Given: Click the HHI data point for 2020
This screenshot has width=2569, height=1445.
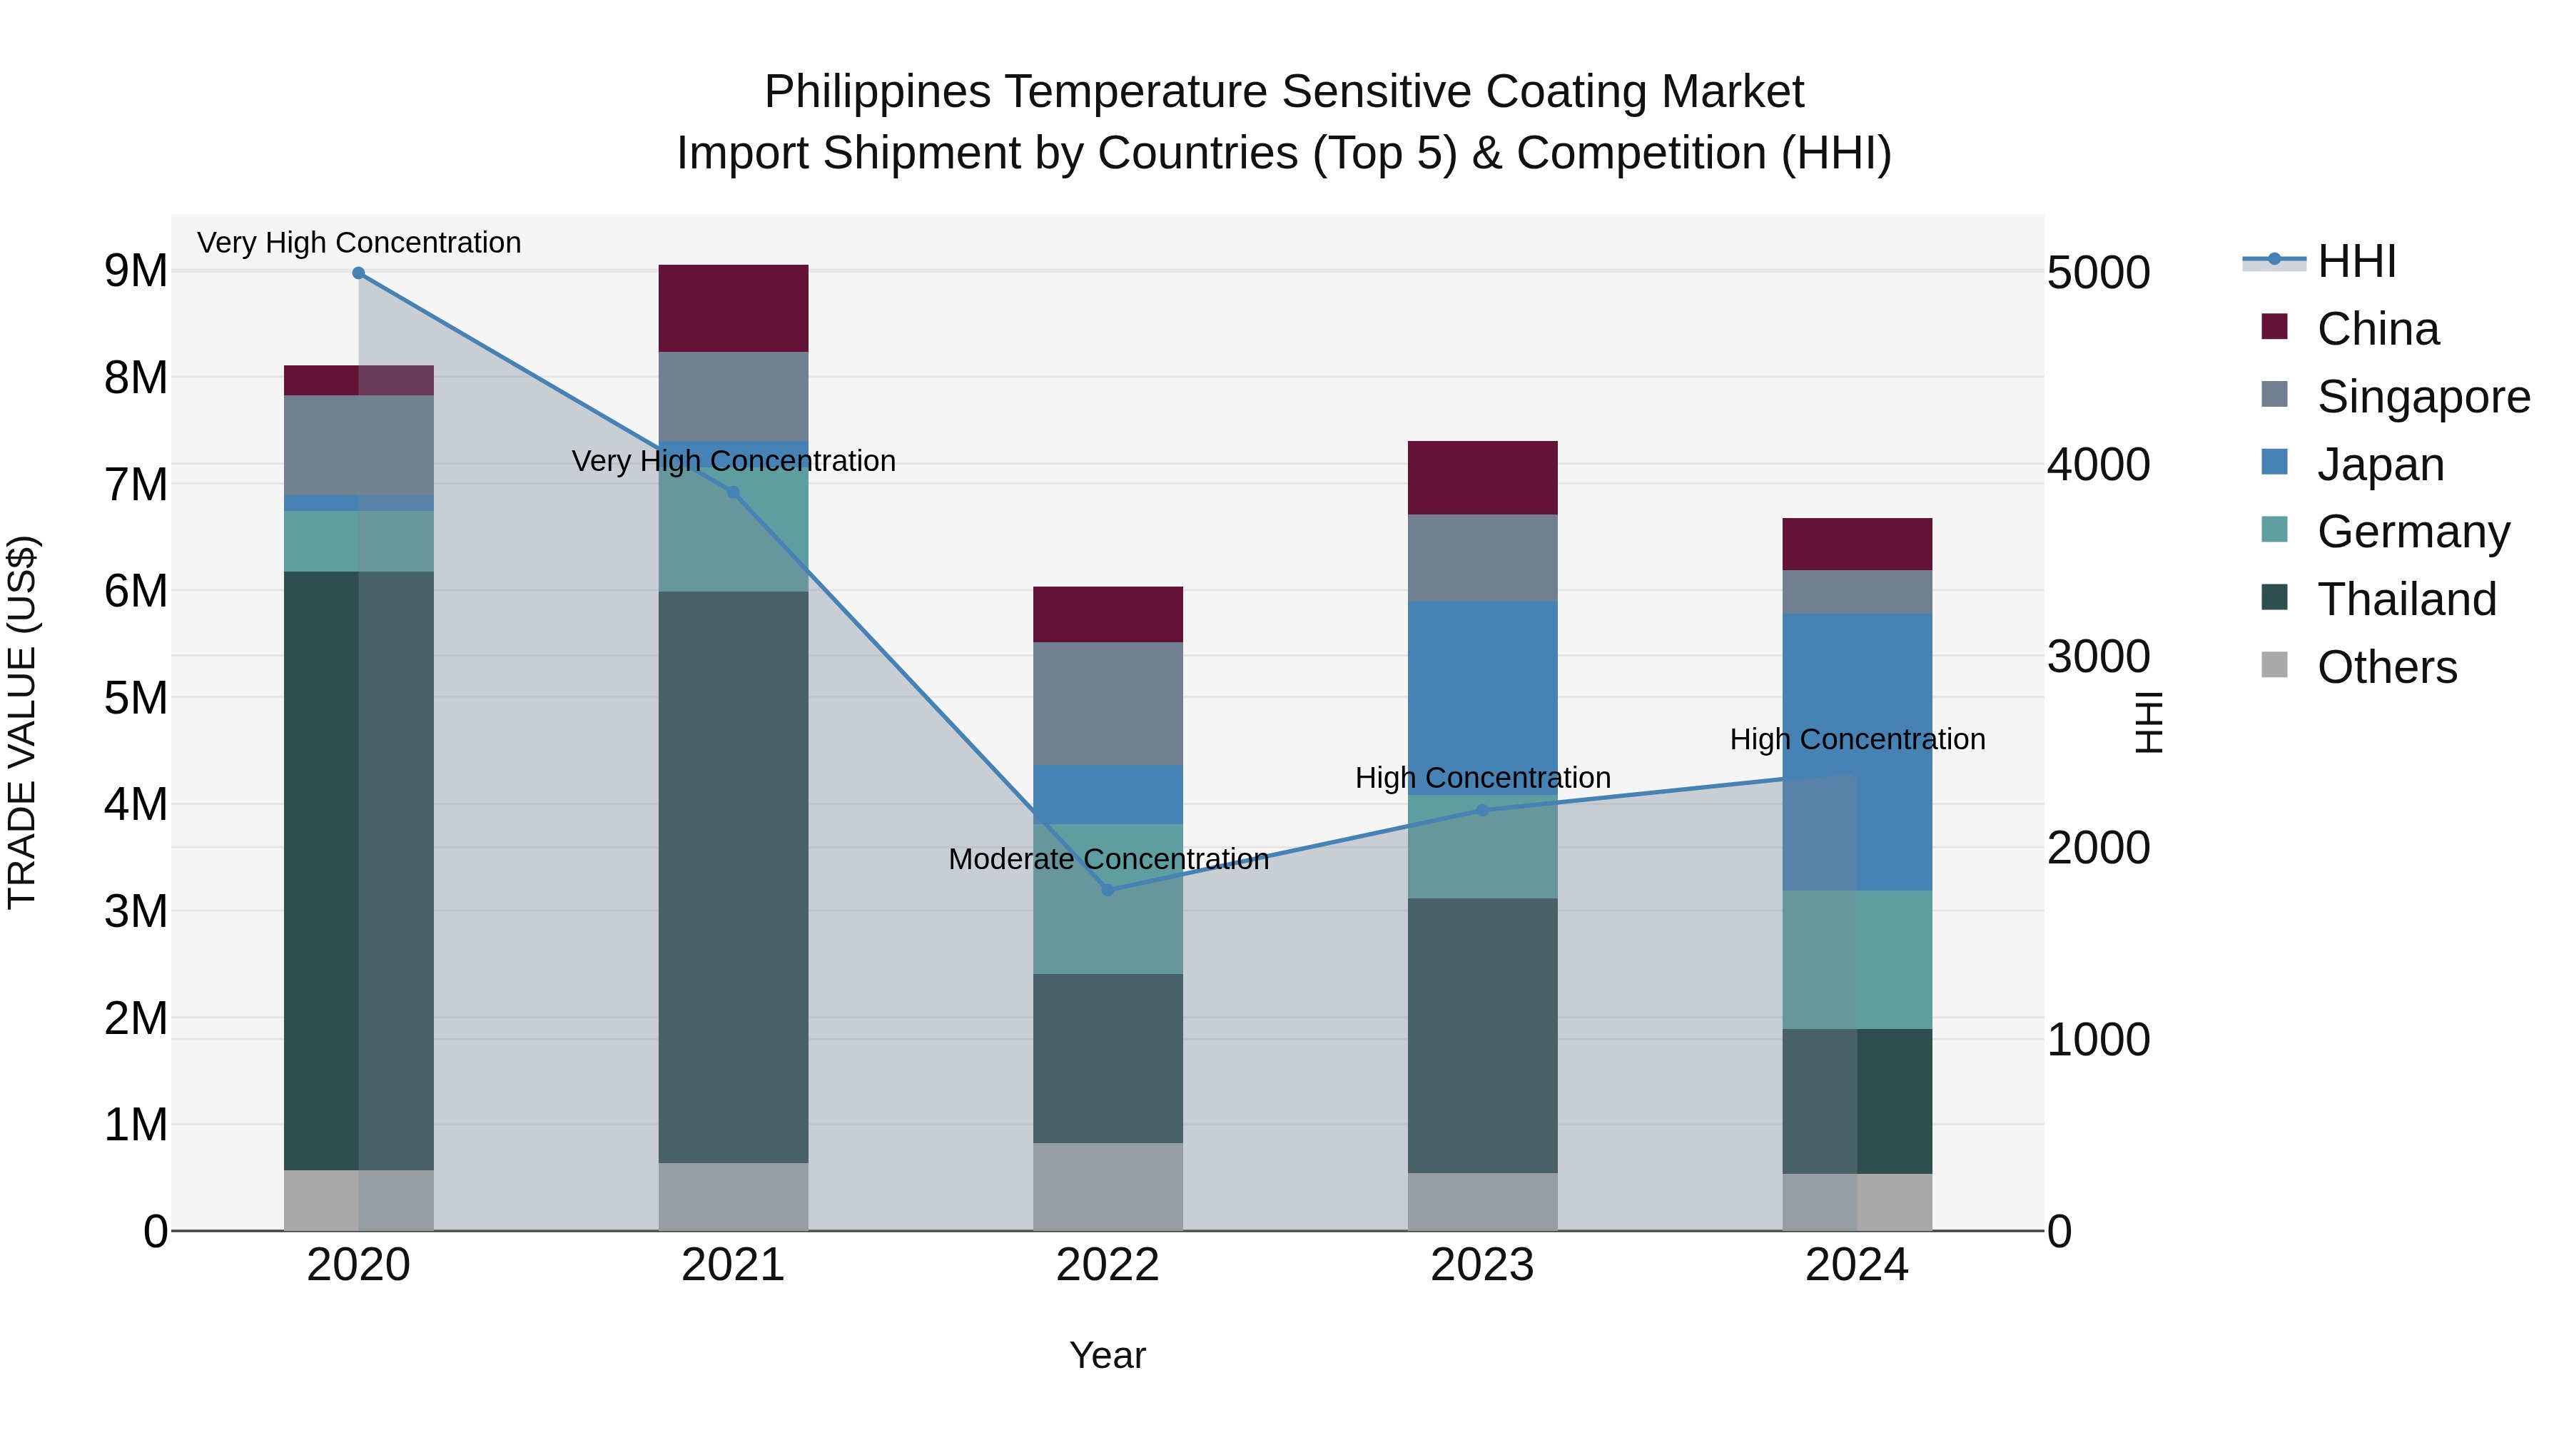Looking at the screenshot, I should point(359,273).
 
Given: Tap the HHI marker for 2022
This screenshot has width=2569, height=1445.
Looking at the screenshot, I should point(1108,890).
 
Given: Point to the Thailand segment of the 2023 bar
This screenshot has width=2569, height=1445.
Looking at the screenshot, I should point(1482,1035).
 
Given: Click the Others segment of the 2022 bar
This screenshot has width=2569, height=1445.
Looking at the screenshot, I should point(1108,1187).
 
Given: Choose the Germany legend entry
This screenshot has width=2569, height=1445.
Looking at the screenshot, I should point(2413,532).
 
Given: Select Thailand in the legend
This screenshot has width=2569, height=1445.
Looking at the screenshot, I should point(2406,599).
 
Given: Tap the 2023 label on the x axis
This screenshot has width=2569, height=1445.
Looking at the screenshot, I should point(1482,1265).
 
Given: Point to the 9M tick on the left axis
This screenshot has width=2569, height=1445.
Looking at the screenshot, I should point(136,271).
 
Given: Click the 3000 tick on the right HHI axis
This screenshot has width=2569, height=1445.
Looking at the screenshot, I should point(2098,657).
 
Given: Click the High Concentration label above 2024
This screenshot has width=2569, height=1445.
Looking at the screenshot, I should point(1857,739).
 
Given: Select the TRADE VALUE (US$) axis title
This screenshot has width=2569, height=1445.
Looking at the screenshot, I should point(22,722).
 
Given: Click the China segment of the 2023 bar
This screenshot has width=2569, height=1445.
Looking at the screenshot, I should point(1482,477).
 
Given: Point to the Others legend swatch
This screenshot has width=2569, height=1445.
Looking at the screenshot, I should point(2275,665).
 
